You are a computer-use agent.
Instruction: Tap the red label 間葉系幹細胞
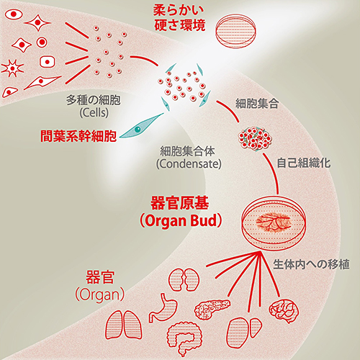[78, 135]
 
